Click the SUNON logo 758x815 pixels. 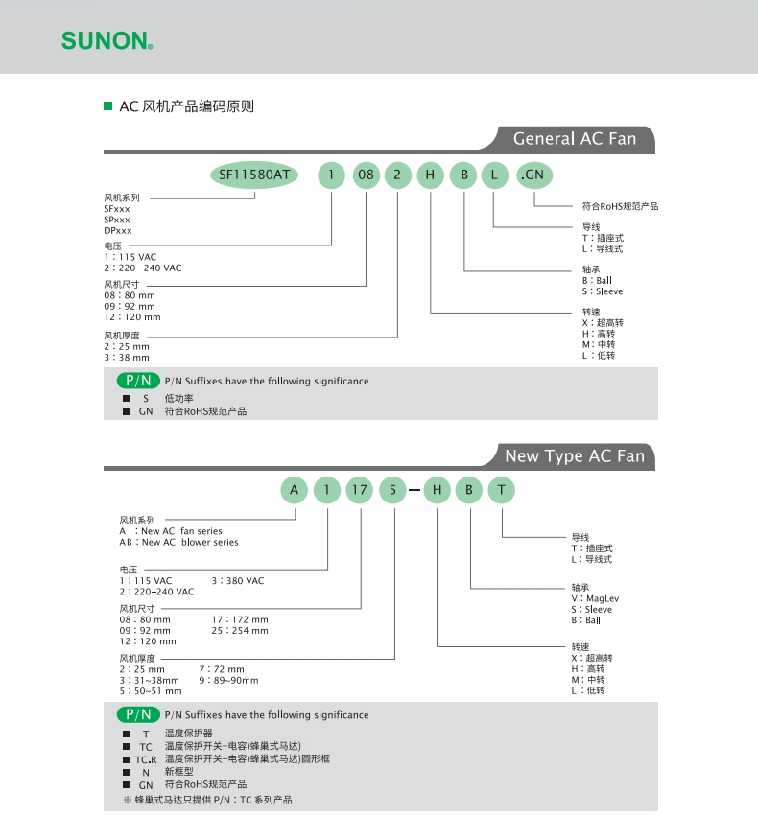(107, 41)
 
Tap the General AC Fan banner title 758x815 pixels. (574, 139)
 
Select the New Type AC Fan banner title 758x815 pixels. (574, 456)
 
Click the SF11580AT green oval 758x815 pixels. (254, 175)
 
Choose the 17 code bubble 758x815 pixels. (360, 491)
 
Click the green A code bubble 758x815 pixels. (294, 491)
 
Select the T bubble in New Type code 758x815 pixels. (502, 491)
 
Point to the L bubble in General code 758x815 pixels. (495, 175)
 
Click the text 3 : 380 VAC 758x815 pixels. (237, 581)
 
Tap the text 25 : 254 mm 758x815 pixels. (240, 631)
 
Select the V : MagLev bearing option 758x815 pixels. (595, 598)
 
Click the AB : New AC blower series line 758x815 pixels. (178, 543)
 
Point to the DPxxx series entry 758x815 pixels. (118, 231)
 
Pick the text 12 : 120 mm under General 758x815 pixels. (132, 317)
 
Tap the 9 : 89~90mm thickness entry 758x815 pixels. (228, 680)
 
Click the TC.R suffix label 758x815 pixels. (145, 758)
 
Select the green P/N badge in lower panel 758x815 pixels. (139, 714)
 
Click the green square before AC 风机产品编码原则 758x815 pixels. (107, 106)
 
